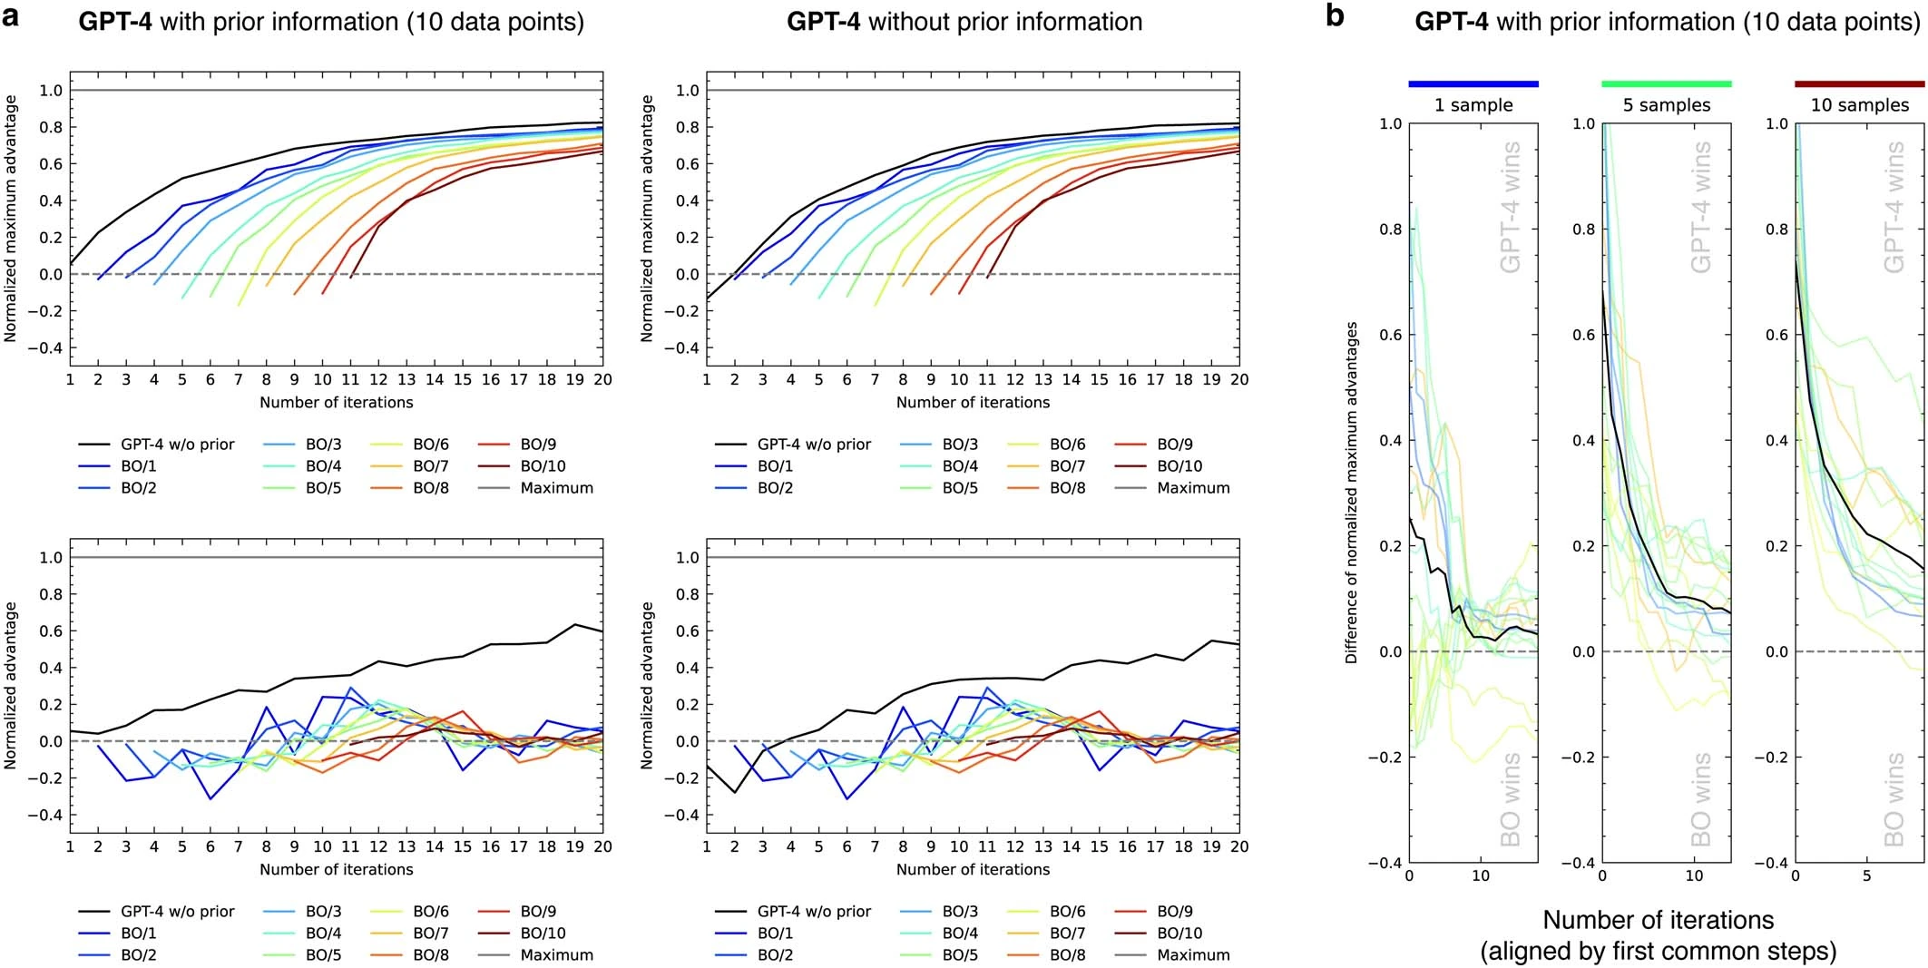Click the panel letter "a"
click(x=11, y=16)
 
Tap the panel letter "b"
click(x=1335, y=15)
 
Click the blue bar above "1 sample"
click(x=1473, y=84)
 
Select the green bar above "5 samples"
click(x=1666, y=84)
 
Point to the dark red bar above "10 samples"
click(x=1859, y=84)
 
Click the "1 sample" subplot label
click(x=1473, y=105)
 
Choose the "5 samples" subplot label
click(x=1667, y=105)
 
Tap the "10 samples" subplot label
click(x=1860, y=105)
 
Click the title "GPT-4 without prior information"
click(x=964, y=22)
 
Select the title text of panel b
click(x=1667, y=22)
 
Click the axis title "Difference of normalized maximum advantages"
click(x=1352, y=493)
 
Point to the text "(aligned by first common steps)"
click(x=1659, y=951)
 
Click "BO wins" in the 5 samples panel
click(x=1701, y=798)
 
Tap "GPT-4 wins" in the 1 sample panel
click(x=1510, y=207)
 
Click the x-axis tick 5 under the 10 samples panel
click(x=1866, y=876)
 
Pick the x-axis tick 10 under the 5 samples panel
click(x=1694, y=876)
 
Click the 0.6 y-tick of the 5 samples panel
click(x=1583, y=335)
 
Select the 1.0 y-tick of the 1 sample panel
click(x=1390, y=123)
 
